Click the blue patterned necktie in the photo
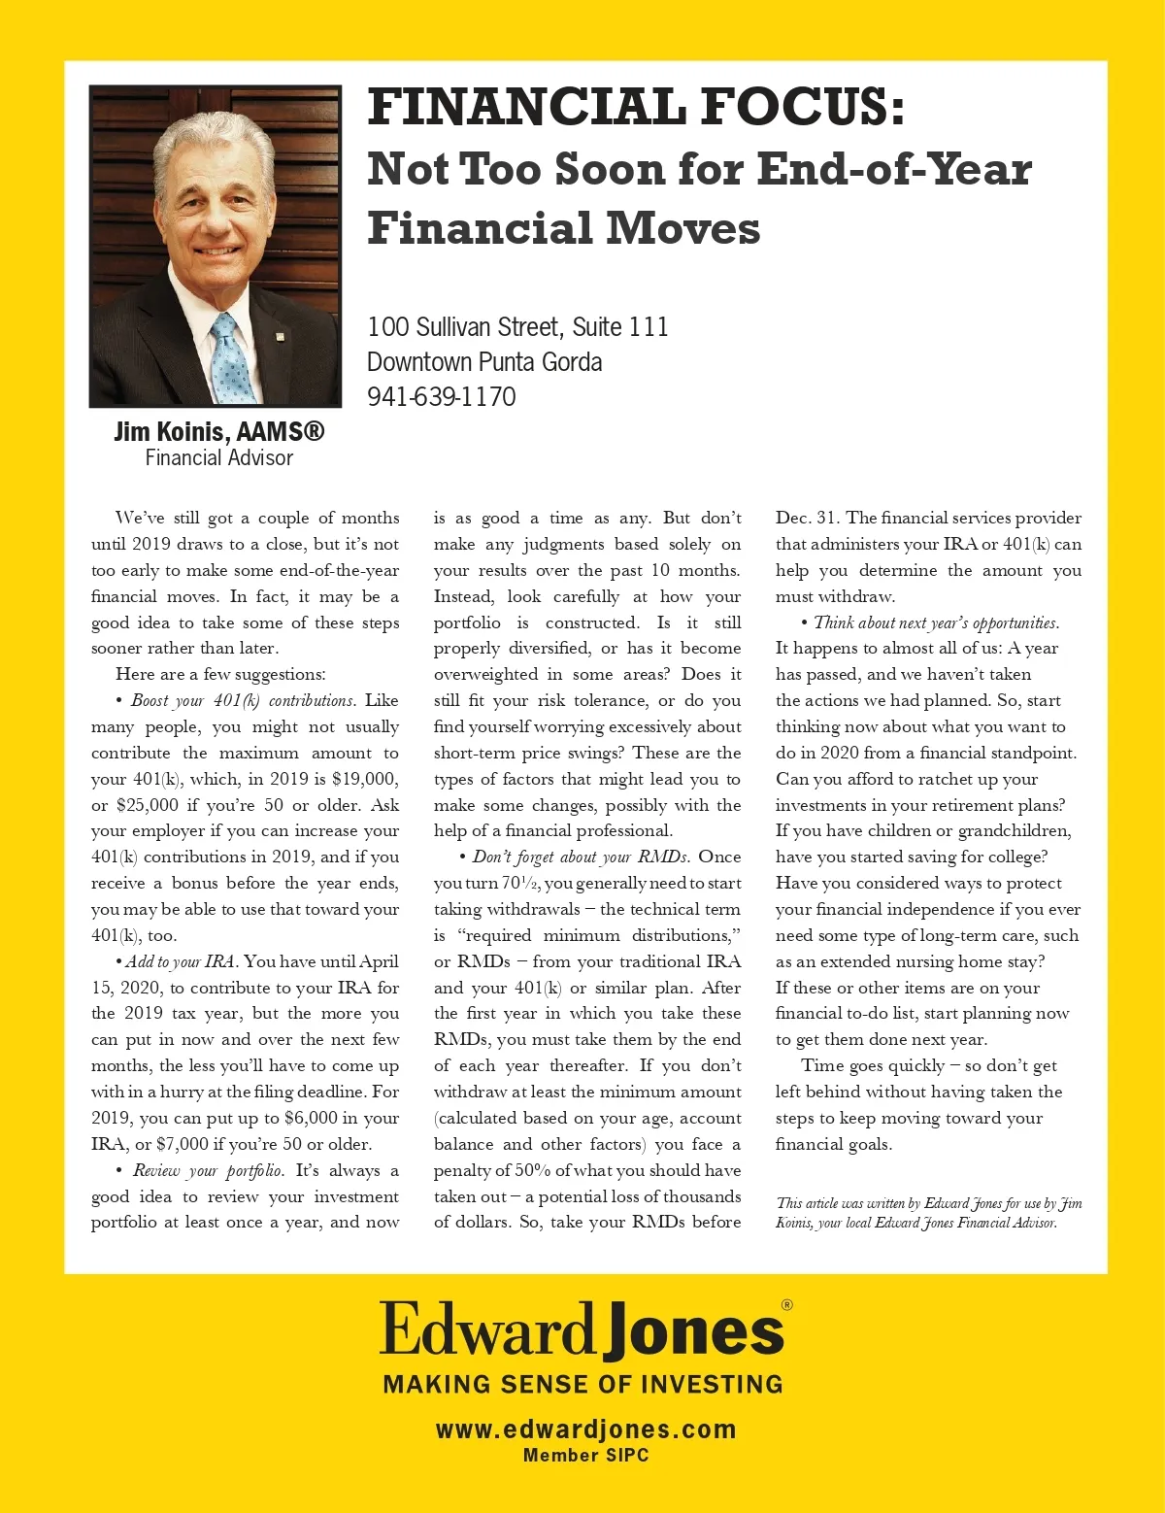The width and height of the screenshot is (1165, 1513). click(x=232, y=359)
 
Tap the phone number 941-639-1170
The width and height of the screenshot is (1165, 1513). click(x=441, y=397)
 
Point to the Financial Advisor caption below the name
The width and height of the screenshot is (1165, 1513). click(x=218, y=457)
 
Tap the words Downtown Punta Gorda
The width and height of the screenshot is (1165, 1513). click(x=483, y=362)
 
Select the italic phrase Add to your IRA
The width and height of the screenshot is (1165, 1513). click(x=181, y=961)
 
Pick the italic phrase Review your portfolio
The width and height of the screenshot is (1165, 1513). click(x=208, y=1170)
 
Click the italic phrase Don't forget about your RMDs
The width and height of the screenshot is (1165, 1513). click(x=581, y=857)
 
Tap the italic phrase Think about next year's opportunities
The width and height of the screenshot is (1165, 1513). click(x=935, y=622)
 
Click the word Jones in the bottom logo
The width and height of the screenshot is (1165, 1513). click(x=693, y=1332)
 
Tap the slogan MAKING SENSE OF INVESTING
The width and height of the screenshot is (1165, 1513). click(x=582, y=1384)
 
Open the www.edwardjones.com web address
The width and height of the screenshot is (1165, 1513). click(x=585, y=1429)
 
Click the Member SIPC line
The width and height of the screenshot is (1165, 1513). click(x=585, y=1455)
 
